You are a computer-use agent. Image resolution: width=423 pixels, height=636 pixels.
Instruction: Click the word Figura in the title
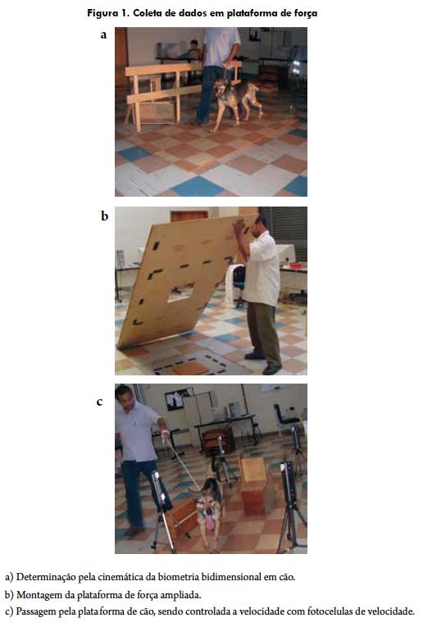[102, 13]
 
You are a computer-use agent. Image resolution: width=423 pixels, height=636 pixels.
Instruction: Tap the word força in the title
[306, 13]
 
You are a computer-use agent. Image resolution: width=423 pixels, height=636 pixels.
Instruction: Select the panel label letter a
[103, 35]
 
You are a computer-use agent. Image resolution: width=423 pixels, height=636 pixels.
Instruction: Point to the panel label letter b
[104, 216]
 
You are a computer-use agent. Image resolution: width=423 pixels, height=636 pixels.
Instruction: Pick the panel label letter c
[99, 402]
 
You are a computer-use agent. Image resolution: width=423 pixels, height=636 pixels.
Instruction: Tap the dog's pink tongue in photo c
[210, 522]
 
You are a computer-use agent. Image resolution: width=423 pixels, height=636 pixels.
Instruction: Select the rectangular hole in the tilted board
[181, 293]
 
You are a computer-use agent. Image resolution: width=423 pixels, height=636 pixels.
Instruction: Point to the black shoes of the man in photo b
[263, 363]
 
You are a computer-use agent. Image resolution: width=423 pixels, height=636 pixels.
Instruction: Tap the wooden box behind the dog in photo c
[253, 484]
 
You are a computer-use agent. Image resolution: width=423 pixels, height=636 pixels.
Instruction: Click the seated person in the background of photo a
[193, 52]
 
